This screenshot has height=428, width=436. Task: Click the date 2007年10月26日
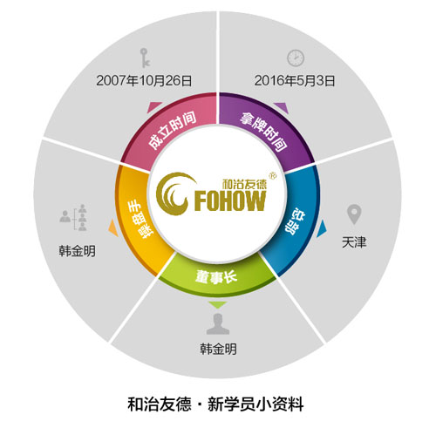[144, 80]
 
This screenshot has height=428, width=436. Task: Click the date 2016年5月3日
[295, 80]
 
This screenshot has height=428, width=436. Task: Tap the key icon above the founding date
[145, 58]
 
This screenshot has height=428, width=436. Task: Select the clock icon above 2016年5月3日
[296, 58]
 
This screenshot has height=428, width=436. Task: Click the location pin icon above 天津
[354, 214]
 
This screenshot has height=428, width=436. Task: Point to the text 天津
[354, 242]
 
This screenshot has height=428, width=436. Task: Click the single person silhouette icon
[218, 323]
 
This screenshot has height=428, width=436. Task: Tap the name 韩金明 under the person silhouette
[218, 349]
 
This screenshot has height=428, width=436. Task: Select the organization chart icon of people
[73, 217]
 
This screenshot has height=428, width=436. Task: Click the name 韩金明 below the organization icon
[77, 251]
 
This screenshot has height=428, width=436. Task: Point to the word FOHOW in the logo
[230, 200]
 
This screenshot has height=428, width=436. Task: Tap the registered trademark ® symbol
[273, 175]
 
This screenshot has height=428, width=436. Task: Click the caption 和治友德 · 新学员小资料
[215, 404]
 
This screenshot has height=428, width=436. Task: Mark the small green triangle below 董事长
[217, 304]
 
